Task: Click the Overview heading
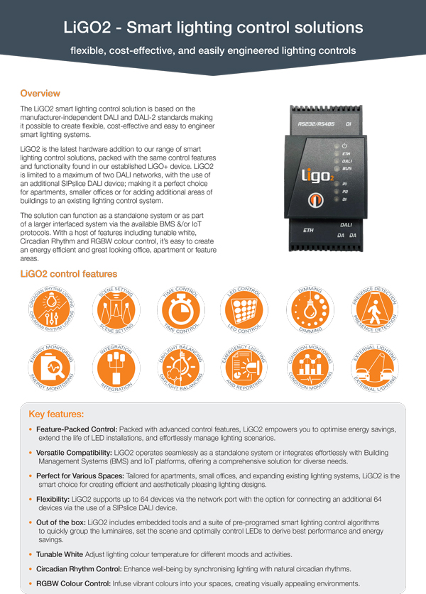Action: [40, 93]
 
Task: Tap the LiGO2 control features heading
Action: [68, 274]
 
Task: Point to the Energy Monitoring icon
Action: [50, 370]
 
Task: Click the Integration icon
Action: [115, 370]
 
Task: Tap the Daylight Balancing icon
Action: [180, 370]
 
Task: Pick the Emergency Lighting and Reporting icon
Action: [246, 370]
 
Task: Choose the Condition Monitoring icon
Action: [310, 370]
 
